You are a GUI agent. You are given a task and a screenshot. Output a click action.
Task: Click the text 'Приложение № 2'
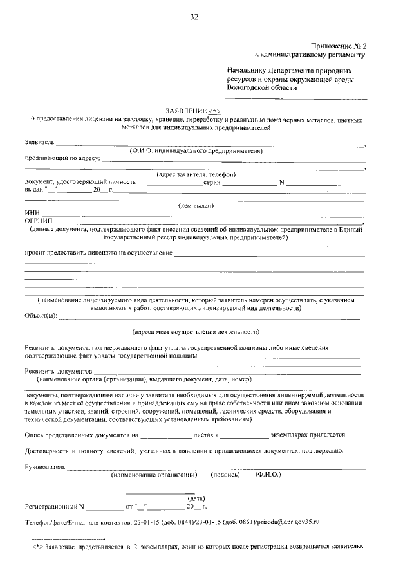pos(338,46)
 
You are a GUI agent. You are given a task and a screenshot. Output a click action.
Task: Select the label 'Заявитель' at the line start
pos(40,141)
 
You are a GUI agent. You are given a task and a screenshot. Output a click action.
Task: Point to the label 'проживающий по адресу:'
pos(62,158)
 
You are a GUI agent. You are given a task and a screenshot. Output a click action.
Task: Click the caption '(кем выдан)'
pos(196,206)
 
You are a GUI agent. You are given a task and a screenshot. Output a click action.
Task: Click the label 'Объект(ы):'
pos(41,316)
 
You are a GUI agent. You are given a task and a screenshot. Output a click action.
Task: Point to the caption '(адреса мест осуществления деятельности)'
pos(196,332)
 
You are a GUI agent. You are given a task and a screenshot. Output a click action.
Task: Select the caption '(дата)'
pos(196,498)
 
